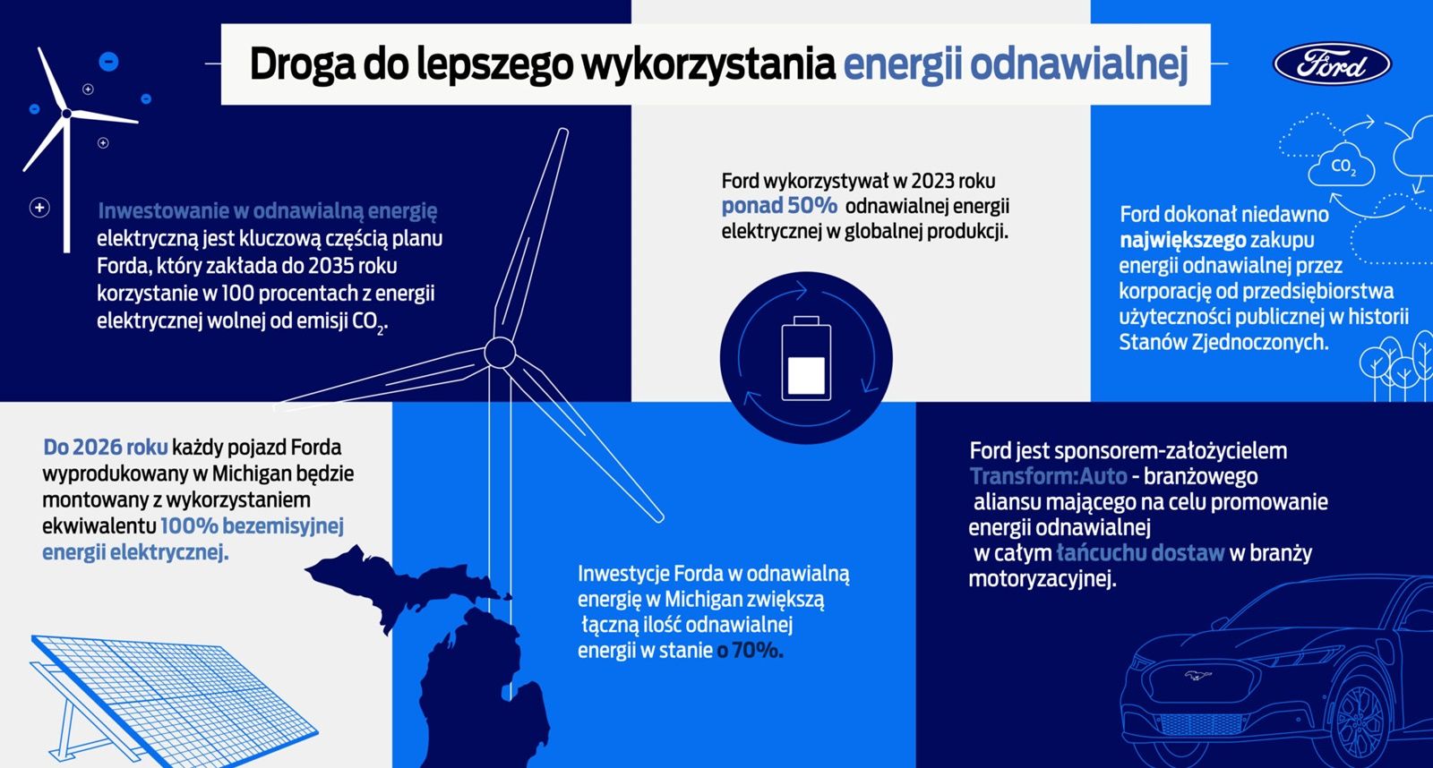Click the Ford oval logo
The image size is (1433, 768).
1332,64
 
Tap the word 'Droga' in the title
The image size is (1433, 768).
301,64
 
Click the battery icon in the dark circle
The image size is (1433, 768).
806,358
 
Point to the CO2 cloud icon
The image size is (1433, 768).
1342,166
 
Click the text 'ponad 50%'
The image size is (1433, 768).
779,206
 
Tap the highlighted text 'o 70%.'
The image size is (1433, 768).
750,651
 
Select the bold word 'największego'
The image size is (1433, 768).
1183,241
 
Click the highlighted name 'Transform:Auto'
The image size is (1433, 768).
1048,476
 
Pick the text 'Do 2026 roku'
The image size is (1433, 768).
106,447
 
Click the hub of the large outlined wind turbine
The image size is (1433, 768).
500,353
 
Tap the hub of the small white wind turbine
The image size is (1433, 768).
66,114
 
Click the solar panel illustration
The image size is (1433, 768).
174,700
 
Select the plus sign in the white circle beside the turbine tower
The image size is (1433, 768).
39,207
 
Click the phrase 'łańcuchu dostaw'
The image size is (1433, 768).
1141,553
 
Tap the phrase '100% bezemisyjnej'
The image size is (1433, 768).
252,526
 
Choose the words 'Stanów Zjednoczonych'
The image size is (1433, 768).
1223,343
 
